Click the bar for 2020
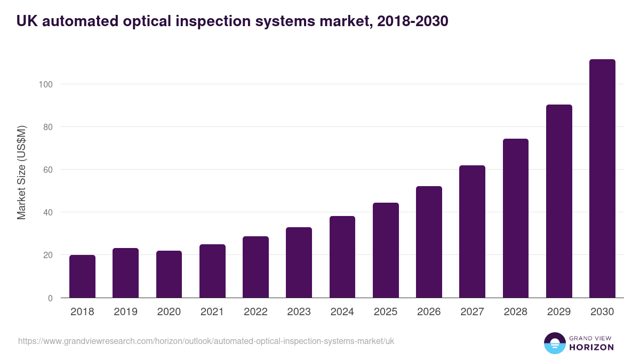[x=169, y=274]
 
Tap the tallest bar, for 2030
[x=602, y=179]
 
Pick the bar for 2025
[x=386, y=250]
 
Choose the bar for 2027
[x=472, y=231]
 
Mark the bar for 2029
[x=559, y=201]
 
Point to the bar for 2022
[x=255, y=267]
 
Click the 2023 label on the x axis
[x=299, y=312]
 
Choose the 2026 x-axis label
[x=429, y=312]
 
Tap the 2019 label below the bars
[x=125, y=312]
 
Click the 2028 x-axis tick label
[x=516, y=312]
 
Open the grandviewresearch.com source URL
[x=206, y=341]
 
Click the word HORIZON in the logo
[x=591, y=347]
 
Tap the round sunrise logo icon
[x=554, y=343]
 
